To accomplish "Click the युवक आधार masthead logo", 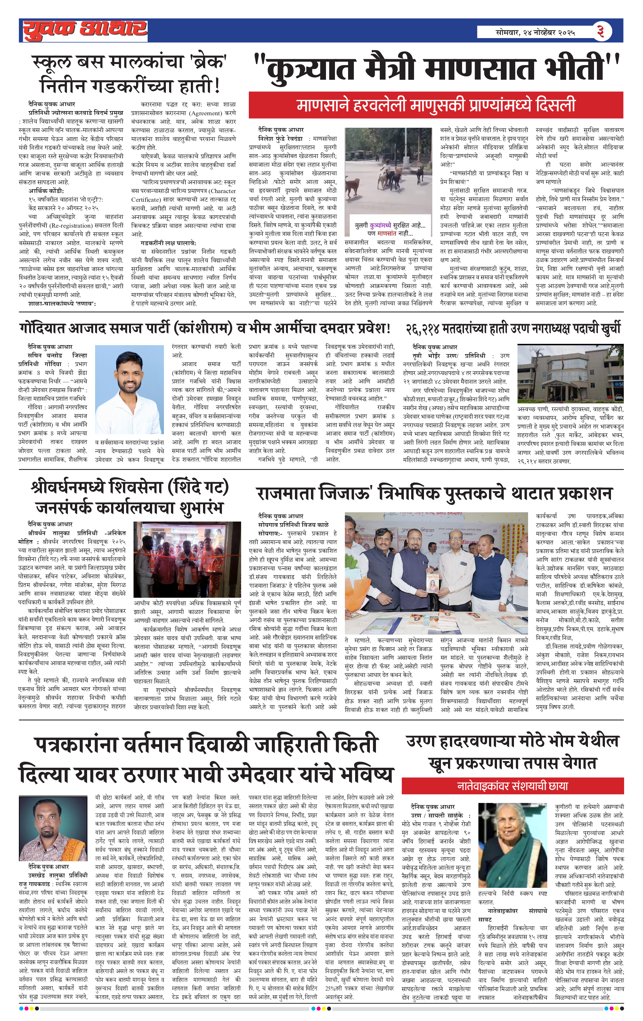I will [85, 30].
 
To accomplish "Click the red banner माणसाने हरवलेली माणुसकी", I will [435, 105].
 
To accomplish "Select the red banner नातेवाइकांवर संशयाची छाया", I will [512, 786].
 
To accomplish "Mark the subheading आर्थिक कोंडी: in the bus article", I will [46, 191].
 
